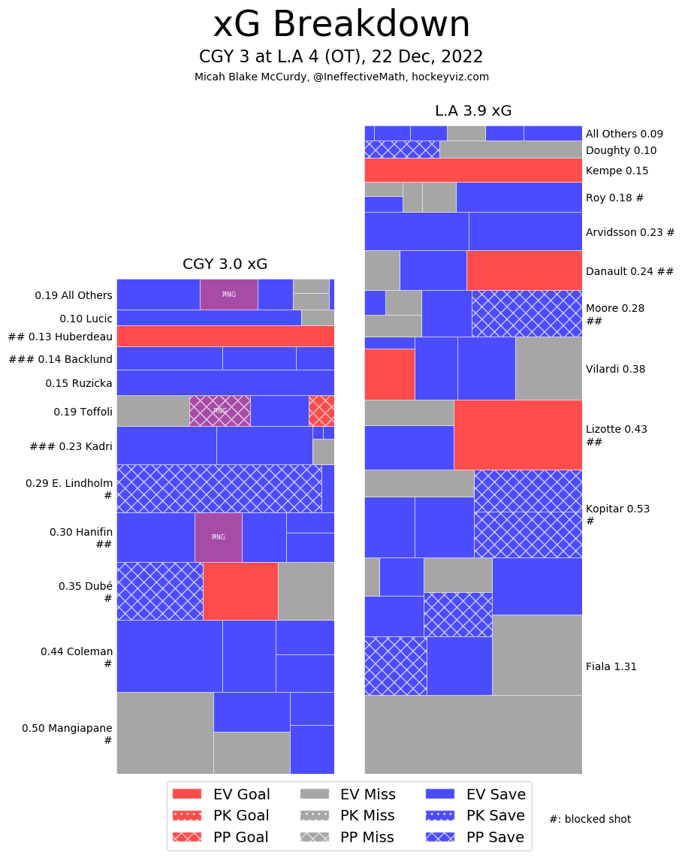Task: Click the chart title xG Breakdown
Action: click(x=341, y=26)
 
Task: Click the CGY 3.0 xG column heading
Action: click(x=225, y=264)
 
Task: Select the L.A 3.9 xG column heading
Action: click(x=473, y=111)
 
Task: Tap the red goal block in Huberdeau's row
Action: click(x=225, y=336)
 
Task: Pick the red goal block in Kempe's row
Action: click(x=473, y=170)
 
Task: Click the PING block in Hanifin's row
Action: click(x=219, y=537)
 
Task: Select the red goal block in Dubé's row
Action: click(x=240, y=591)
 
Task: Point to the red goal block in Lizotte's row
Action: click(x=518, y=434)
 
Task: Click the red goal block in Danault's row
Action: click(x=524, y=270)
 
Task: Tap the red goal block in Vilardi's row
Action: click(x=389, y=374)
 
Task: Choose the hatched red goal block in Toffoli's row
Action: click(x=321, y=411)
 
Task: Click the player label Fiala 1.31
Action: click(x=611, y=666)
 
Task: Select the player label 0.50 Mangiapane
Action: click(x=67, y=728)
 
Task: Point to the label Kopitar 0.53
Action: click(x=617, y=509)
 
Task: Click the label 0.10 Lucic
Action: click(x=86, y=319)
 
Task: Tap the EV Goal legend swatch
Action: click(x=187, y=794)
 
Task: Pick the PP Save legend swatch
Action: click(x=440, y=837)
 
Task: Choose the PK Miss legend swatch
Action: click(x=315, y=816)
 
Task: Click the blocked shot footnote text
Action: click(x=590, y=819)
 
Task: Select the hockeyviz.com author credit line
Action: click(x=341, y=77)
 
